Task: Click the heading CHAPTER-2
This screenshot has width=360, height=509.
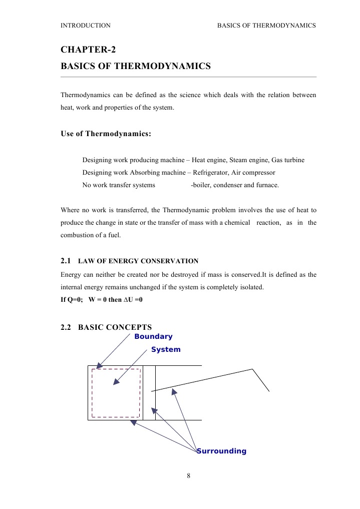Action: click(88, 49)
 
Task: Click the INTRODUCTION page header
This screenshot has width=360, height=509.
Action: click(85, 25)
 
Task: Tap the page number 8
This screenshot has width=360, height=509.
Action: click(188, 475)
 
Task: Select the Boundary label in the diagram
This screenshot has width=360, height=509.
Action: click(153, 336)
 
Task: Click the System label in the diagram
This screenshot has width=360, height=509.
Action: click(166, 349)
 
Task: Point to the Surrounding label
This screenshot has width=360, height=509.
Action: click(222, 451)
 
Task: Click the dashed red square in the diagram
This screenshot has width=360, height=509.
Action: click(116, 369)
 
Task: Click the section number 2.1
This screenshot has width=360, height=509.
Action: click(67, 261)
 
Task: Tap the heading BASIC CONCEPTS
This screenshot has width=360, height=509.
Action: click(115, 327)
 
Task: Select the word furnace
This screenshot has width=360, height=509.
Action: click(266, 185)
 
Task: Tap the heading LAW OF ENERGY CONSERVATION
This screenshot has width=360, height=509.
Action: click(138, 261)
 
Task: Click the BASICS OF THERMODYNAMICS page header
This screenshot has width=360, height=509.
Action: click(266, 25)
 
